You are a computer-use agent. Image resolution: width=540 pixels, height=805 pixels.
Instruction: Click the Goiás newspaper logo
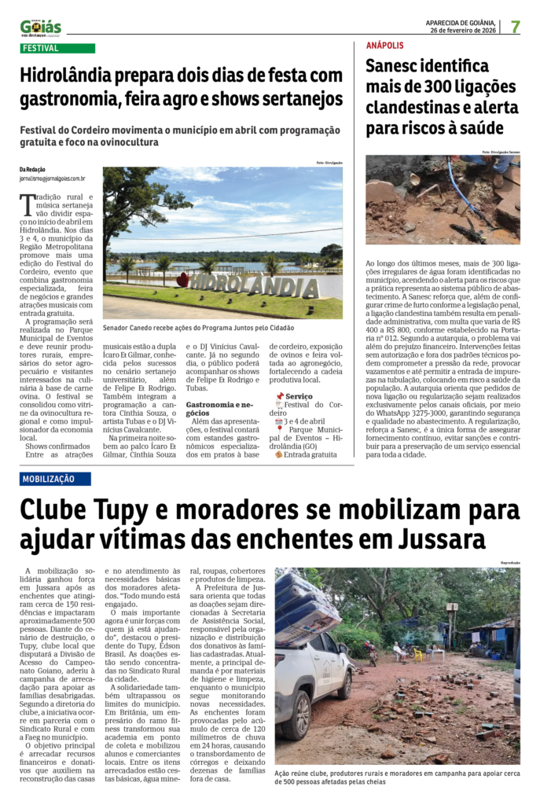coord(40,28)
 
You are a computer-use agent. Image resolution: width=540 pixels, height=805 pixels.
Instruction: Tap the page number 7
coord(516,26)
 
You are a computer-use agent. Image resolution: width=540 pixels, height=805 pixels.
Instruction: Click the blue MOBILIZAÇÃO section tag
coord(59,479)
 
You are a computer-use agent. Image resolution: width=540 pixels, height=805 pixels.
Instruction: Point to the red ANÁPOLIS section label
coord(385,46)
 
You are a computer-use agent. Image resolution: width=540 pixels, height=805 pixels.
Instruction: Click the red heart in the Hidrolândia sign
coord(182,279)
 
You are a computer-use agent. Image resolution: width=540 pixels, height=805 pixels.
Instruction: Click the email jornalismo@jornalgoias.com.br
coord(53,178)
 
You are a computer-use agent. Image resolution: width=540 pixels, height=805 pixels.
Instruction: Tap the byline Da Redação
coord(32,169)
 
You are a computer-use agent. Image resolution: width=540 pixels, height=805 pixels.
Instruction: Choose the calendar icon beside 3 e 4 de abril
coord(279,422)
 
